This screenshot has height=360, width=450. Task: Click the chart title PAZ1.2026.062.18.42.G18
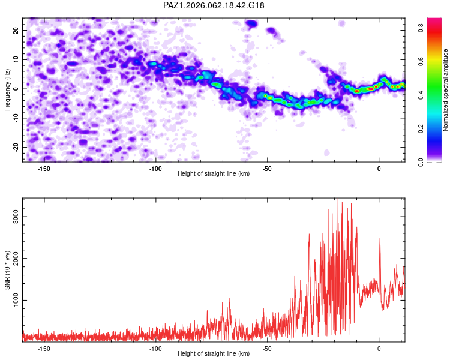[214, 5]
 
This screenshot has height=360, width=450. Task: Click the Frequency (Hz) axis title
[8, 89]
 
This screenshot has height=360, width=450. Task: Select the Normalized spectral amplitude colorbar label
[446, 90]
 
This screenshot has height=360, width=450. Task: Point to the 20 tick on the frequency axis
[16, 30]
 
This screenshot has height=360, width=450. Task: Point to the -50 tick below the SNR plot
[267, 348]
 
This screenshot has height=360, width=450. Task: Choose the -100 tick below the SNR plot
[155, 348]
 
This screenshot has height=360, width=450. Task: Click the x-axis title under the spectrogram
[214, 174]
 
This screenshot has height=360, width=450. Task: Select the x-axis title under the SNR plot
[214, 353]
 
